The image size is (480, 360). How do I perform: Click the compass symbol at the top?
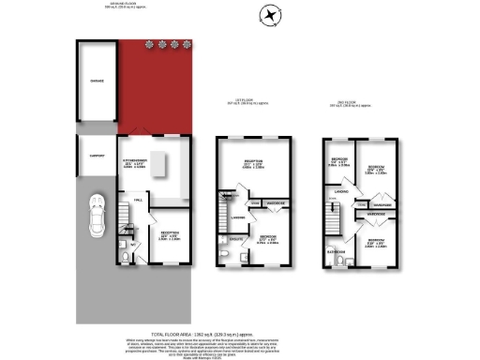coord(270,16)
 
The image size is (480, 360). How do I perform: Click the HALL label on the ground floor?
coord(137,202)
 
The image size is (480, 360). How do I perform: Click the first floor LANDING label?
coord(238,219)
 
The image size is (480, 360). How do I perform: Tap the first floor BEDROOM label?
coord(267,236)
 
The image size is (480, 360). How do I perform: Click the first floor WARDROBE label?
coord(275,202)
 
